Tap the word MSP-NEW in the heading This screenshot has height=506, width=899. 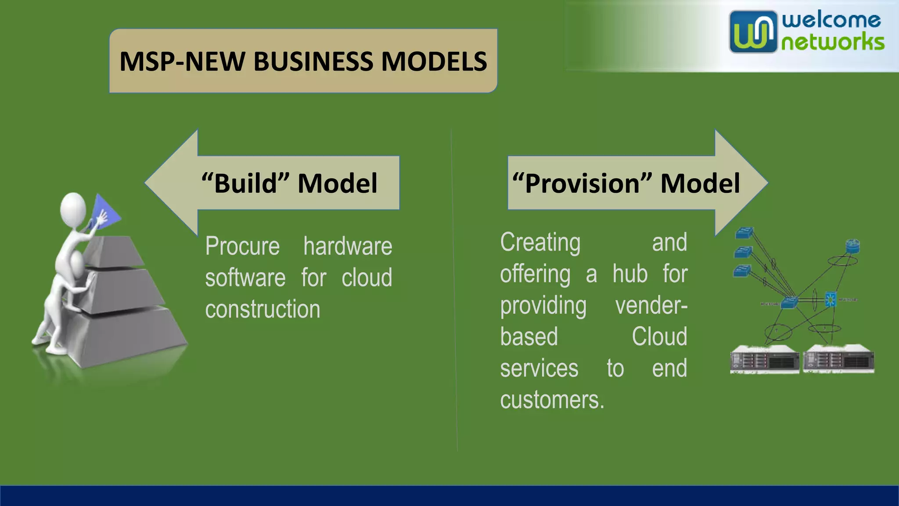(182, 61)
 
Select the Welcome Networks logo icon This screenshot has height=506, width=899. (752, 32)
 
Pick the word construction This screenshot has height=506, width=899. (263, 309)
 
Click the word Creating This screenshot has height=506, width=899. (540, 242)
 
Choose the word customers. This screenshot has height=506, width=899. (551, 400)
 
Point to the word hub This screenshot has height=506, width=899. (630, 274)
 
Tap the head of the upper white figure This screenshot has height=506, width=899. (73, 208)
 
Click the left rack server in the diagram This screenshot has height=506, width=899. (764, 359)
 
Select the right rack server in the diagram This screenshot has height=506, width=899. (838, 359)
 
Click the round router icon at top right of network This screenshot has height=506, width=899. (852, 246)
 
